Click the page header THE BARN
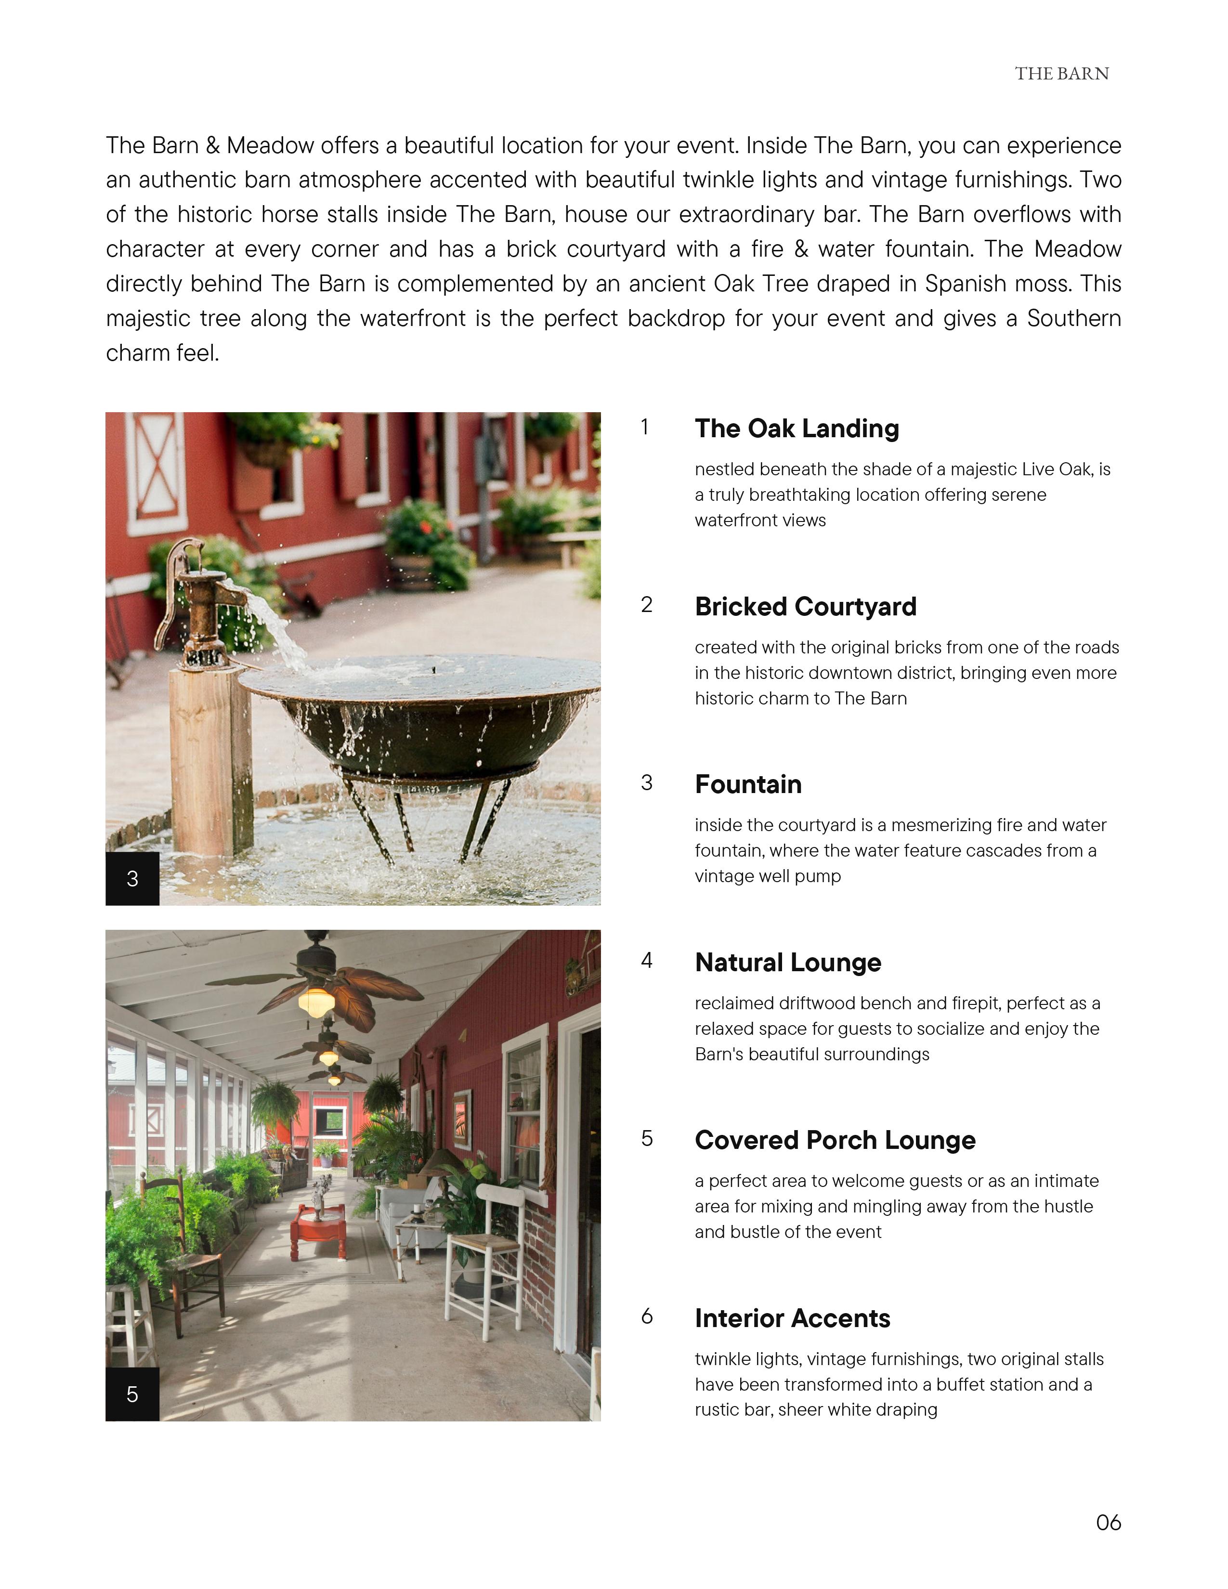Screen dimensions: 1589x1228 [1061, 74]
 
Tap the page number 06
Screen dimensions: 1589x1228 [1108, 1523]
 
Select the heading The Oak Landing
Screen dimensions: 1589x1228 [797, 429]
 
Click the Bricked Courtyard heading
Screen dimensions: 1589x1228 [805, 606]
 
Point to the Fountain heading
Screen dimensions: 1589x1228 [748, 784]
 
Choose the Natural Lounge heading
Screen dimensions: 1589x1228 [788, 963]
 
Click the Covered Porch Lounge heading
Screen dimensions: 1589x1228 [835, 1140]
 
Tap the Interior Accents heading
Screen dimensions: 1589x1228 [792, 1318]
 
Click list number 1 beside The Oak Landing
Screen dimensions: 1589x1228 [644, 427]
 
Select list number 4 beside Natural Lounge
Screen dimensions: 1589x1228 [646, 961]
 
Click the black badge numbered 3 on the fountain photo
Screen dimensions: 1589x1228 [132, 879]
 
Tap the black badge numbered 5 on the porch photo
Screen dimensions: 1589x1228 [132, 1394]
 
